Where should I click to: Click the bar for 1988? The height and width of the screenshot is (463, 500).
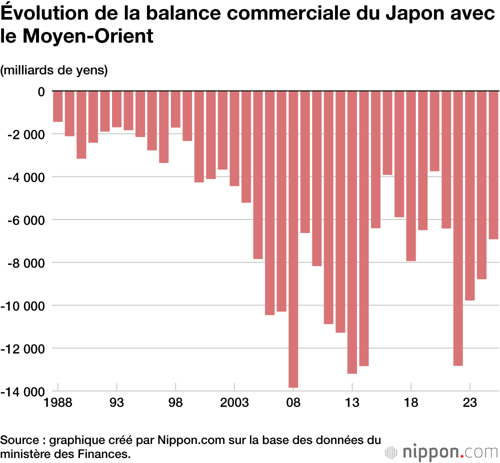58,106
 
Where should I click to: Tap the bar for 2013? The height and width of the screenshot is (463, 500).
352,232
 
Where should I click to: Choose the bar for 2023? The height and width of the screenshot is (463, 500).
469,195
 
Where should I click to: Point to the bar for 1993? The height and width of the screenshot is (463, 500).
116,109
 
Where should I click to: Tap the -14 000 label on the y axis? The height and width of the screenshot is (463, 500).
22,391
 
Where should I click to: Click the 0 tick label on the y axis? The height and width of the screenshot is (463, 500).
41,91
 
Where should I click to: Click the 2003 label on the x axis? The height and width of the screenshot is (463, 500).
234,403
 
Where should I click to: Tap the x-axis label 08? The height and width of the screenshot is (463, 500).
293,403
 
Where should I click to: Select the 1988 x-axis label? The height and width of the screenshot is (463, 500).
58,403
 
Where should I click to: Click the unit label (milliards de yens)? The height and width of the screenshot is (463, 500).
54,70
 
